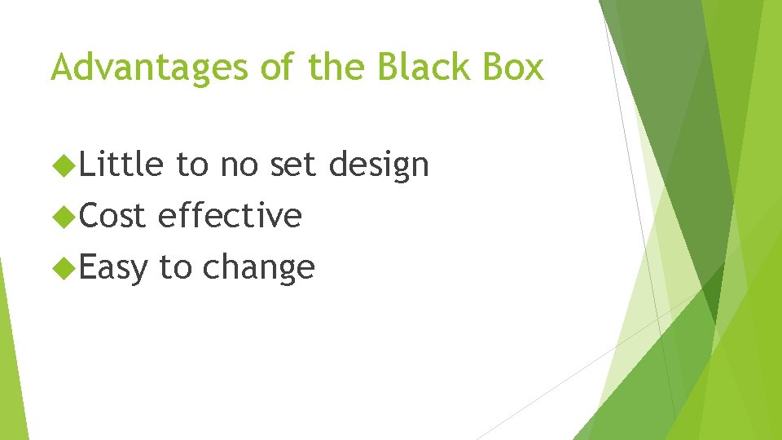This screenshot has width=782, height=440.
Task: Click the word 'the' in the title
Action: pyautogui.click(x=338, y=68)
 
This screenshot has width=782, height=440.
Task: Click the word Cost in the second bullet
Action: pyautogui.click(x=113, y=217)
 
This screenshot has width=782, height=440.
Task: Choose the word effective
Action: pyautogui.click(x=231, y=217)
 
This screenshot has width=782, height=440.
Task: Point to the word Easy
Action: pyautogui.click(x=114, y=267)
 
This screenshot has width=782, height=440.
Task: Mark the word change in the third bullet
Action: pyautogui.click(x=258, y=267)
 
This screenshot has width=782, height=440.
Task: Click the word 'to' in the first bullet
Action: pyautogui.click(x=192, y=165)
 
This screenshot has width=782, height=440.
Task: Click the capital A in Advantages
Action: pyautogui.click(x=61, y=68)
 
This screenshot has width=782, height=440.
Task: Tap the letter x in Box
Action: pyautogui.click(x=534, y=69)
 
